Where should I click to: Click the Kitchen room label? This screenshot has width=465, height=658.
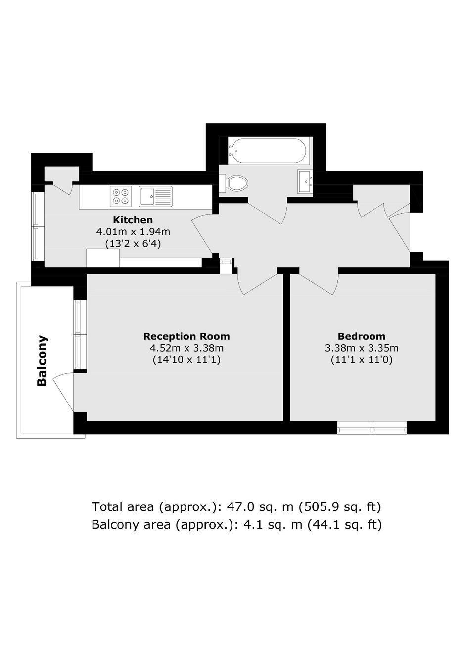[x=133, y=220]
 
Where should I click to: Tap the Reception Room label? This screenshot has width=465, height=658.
[x=186, y=336]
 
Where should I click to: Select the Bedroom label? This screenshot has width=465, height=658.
[x=362, y=336]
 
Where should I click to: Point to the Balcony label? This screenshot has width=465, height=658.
[x=42, y=360]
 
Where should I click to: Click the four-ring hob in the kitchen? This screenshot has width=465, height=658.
[x=121, y=196]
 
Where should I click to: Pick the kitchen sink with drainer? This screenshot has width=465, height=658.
[x=156, y=196]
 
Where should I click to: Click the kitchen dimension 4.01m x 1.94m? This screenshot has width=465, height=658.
[x=133, y=232]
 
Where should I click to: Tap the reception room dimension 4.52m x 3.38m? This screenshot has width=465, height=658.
[x=186, y=348]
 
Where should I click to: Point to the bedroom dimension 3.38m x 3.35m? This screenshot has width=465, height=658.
[x=362, y=348]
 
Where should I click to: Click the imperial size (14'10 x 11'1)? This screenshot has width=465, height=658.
[x=186, y=360]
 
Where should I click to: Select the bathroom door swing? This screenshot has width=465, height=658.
[x=268, y=212]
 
